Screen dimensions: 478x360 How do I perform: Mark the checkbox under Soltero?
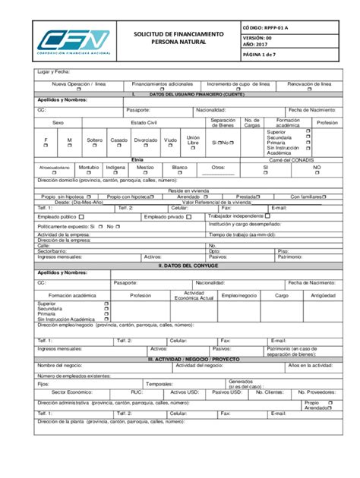pyautogui.click(x=95, y=147)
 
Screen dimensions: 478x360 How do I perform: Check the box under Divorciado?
pyautogui.click(x=146, y=147)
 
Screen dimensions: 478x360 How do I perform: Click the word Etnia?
pyautogui.click(x=137, y=160)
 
